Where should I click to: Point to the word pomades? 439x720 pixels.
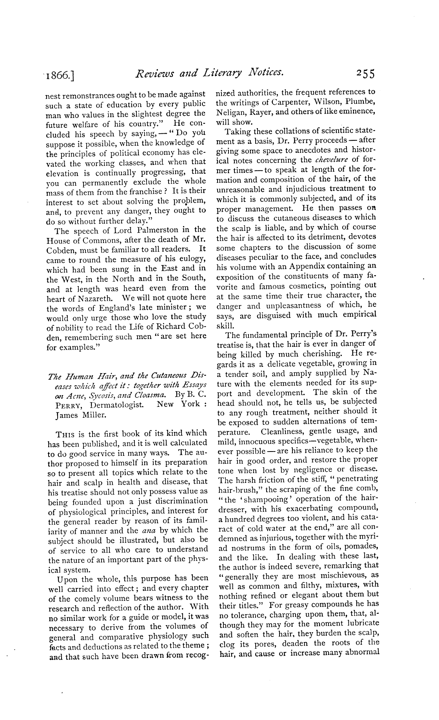(x=357, y=546)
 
